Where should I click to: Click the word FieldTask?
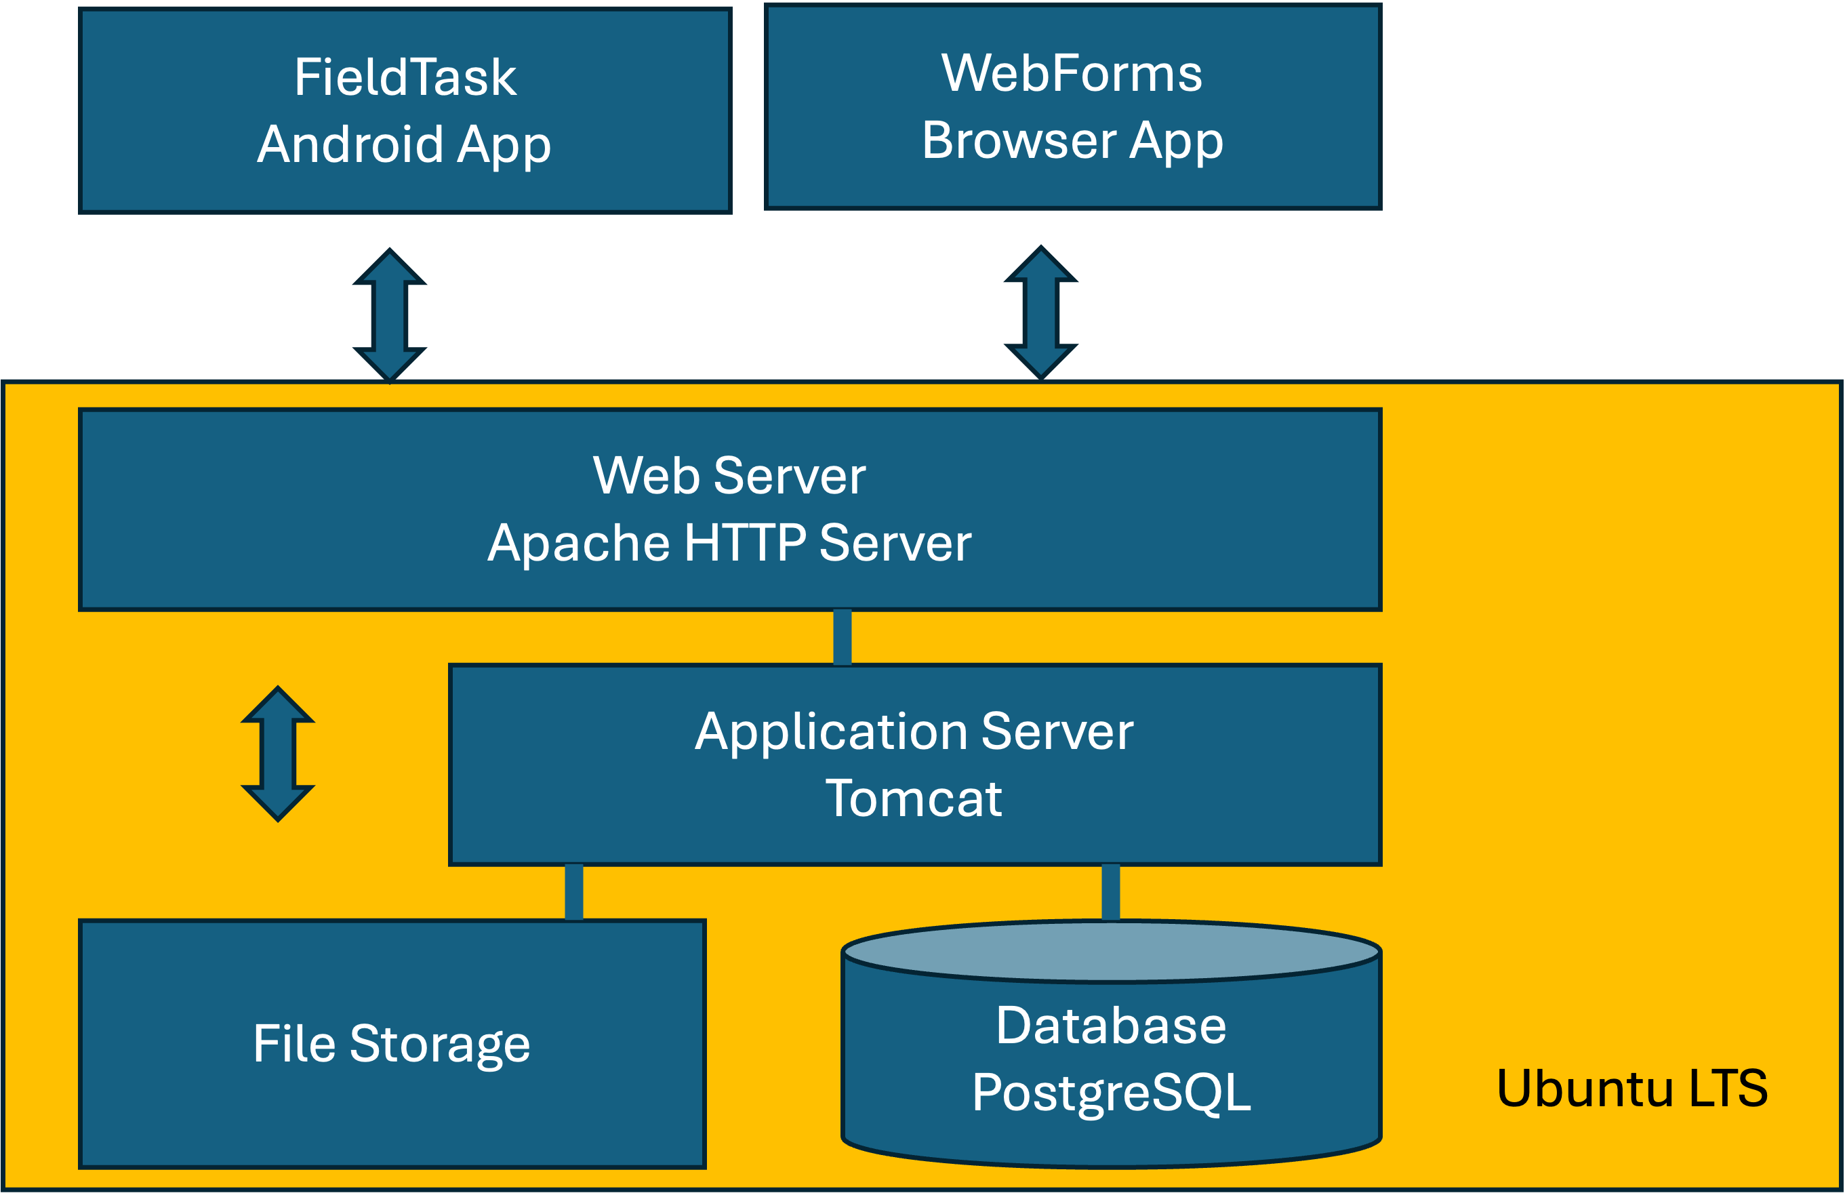pos(405,77)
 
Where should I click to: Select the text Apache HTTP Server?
pos(729,542)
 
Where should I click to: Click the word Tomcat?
pos(913,798)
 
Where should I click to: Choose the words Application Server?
pos(913,731)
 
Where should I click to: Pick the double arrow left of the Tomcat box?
pos(278,754)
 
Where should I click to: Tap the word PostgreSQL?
pos(1111,1093)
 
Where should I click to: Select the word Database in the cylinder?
pos(1111,1026)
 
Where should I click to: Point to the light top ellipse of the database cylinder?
pos(1111,950)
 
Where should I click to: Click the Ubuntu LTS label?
pos(1631,1089)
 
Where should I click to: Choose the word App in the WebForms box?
pos(1176,141)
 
